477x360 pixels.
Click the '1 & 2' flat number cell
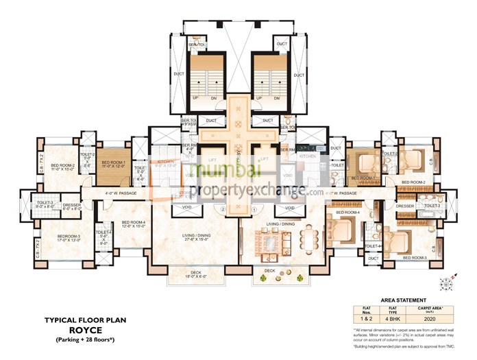[367, 318]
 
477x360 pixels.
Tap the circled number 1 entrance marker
[254, 209]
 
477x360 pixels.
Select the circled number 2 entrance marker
[223, 209]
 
